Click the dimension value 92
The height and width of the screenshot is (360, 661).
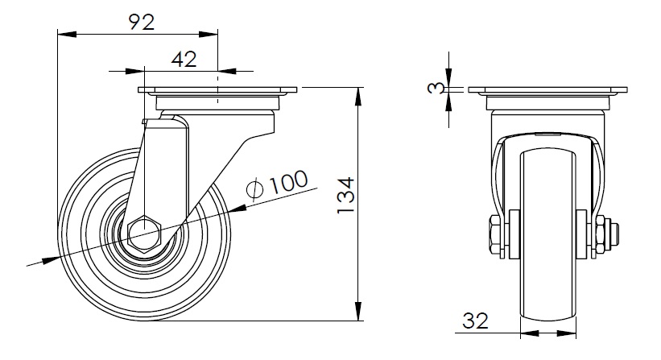tap(141, 22)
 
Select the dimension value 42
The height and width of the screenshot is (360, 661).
tap(184, 60)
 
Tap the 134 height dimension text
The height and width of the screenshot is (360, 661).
tap(346, 196)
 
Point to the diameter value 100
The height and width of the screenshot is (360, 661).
tap(289, 182)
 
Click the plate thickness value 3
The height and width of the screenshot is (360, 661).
tap(436, 88)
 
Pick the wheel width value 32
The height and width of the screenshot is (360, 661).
tap(475, 321)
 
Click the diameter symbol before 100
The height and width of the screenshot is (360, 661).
tap(255, 189)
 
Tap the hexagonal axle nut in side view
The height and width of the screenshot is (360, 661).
tap(144, 234)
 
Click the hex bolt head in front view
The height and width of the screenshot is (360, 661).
tap(495, 234)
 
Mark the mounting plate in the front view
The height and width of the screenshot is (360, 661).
tap(547, 89)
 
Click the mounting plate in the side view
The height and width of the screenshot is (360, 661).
tap(217, 89)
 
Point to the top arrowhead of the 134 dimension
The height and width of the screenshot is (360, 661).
tap(358, 97)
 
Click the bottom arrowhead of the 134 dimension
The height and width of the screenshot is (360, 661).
tap(358, 311)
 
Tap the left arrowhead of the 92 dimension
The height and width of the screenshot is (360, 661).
tap(67, 34)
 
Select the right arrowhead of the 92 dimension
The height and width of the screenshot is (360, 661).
tap(209, 34)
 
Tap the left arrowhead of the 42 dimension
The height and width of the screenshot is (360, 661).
tap(135, 71)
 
